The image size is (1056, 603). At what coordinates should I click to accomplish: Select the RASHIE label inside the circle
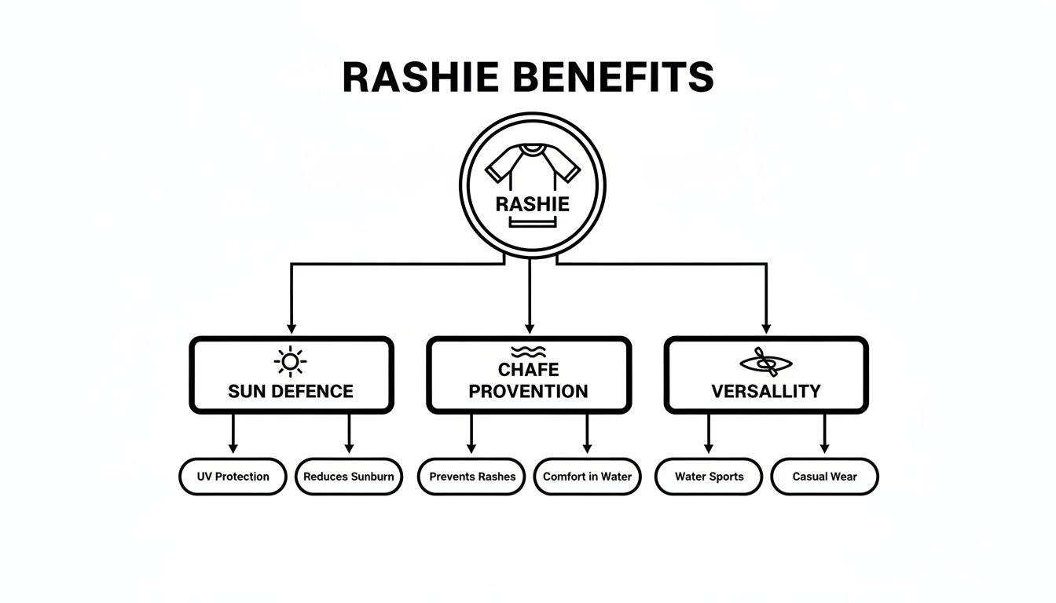(532, 204)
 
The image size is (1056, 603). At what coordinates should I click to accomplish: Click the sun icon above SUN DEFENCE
(290, 362)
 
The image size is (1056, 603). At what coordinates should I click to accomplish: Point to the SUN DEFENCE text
(291, 391)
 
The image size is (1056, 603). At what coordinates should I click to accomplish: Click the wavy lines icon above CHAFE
(528, 351)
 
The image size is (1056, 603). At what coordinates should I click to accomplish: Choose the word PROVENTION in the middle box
(528, 391)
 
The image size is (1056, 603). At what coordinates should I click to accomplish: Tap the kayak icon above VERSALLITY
(765, 363)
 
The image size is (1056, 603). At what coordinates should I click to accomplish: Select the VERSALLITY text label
(765, 391)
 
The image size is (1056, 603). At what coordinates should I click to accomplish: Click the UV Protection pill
(233, 477)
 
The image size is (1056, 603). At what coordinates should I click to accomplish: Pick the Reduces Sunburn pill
(349, 477)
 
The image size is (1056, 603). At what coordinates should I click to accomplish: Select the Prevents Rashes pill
(471, 477)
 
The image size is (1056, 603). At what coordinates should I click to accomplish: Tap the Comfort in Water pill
(587, 477)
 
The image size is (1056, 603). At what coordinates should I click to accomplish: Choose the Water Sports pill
(709, 477)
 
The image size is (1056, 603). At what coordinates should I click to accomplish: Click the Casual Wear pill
(824, 477)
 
